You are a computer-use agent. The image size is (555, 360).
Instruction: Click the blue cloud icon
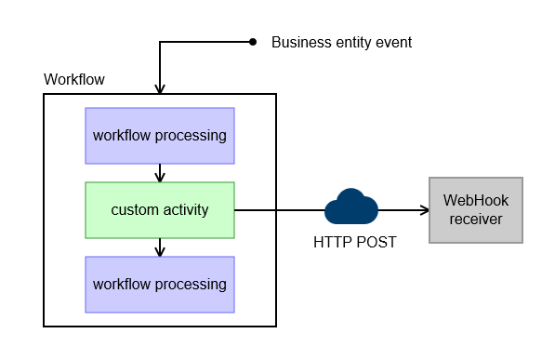point(350,207)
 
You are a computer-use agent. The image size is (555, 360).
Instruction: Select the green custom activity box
point(159,209)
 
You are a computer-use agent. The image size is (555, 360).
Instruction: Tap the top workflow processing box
point(159,136)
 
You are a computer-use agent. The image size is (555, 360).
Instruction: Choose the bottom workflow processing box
point(159,284)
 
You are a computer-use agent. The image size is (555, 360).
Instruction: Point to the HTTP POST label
point(353,243)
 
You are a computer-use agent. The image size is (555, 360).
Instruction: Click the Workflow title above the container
point(74,80)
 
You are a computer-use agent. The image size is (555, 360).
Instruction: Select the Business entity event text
point(341,43)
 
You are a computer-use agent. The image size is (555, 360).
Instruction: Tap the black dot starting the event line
point(252,42)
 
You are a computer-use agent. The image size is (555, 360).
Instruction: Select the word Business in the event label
point(299,43)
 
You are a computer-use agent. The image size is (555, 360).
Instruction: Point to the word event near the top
point(391,43)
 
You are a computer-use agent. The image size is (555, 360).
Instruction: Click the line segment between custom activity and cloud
point(279,210)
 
